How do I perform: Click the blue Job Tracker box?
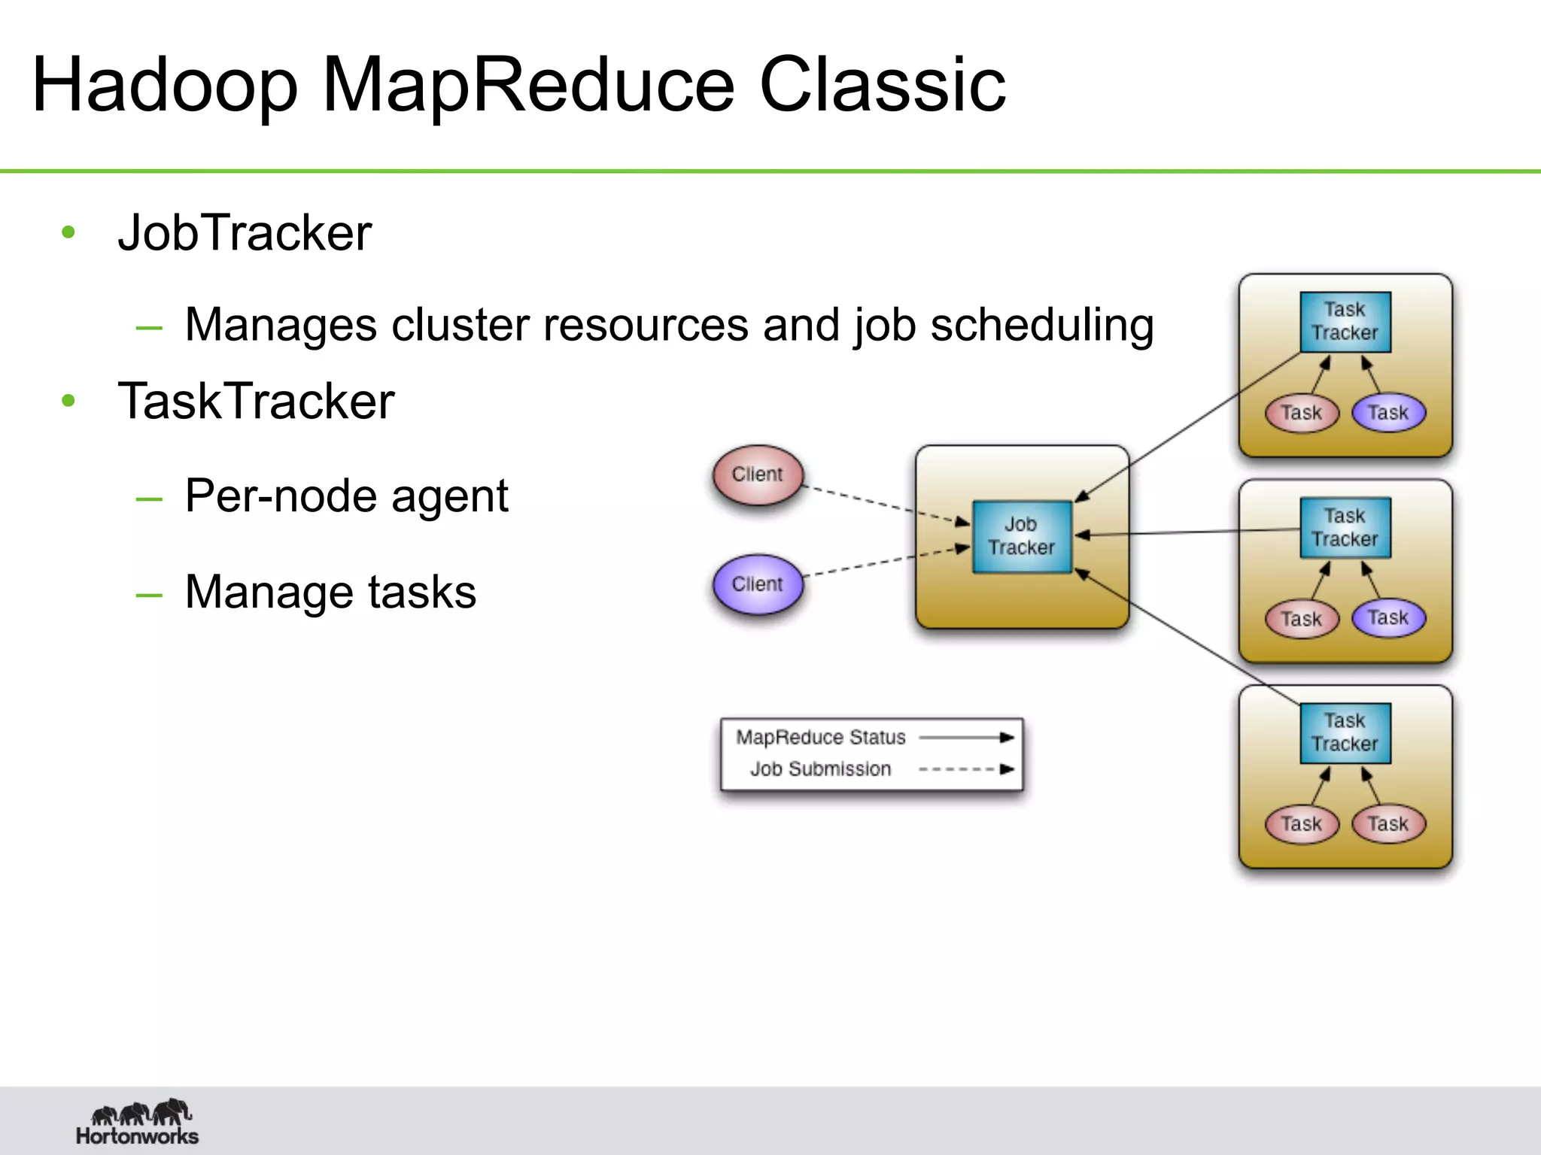(x=1021, y=536)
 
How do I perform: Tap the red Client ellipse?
(x=758, y=474)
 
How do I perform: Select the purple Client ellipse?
(x=758, y=584)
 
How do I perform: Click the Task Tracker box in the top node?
(x=1345, y=322)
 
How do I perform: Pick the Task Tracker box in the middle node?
(x=1345, y=528)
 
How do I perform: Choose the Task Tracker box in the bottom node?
(x=1345, y=732)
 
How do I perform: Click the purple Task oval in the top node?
(x=1388, y=413)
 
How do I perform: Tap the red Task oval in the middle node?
(x=1301, y=619)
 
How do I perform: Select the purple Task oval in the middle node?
(x=1388, y=618)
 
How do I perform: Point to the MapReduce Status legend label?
(x=820, y=738)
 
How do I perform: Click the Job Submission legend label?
(x=820, y=769)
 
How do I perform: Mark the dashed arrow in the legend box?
(x=966, y=769)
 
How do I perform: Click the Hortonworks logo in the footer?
(x=138, y=1122)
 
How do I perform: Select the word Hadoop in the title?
(x=165, y=85)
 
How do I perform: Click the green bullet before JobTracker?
(x=68, y=232)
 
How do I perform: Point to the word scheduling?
(x=1041, y=326)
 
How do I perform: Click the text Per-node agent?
(x=346, y=496)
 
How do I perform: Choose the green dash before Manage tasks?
(x=149, y=595)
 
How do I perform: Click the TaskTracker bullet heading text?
(x=256, y=401)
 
